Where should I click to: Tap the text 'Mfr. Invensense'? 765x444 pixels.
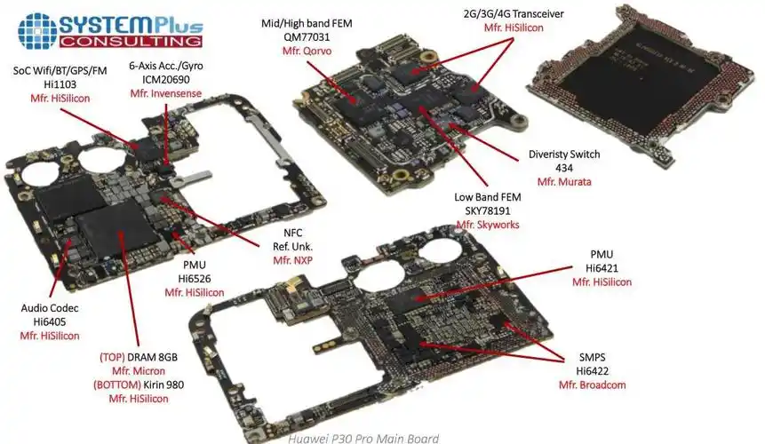[x=164, y=93]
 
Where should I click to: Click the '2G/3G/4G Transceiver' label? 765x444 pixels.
[x=514, y=14]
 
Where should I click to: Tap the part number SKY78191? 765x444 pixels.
[x=488, y=210]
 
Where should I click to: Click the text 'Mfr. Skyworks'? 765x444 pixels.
[x=488, y=226]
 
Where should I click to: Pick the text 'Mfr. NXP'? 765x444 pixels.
[x=293, y=260]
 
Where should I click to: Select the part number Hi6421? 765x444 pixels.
[x=602, y=267]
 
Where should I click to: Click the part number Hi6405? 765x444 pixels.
[x=50, y=321]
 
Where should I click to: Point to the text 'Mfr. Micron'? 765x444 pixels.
[x=139, y=370]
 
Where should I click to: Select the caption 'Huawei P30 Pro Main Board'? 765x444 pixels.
[x=364, y=437]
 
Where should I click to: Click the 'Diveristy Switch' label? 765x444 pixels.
[x=564, y=154]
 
